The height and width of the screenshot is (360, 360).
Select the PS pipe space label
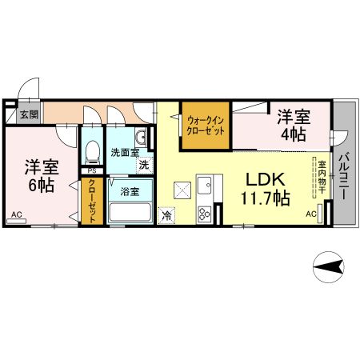[92, 170]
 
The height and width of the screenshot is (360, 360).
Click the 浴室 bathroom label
[130, 191]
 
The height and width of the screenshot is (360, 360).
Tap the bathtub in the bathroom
[130, 214]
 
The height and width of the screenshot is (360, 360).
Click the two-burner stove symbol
[204, 214]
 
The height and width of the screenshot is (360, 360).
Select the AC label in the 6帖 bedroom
[17, 214]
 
